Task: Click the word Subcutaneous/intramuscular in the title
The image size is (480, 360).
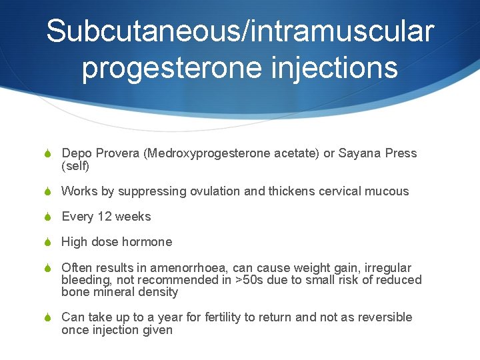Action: [x=240, y=31]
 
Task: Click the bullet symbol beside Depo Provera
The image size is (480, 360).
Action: [x=47, y=154]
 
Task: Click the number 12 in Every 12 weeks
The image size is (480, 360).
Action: [x=104, y=217]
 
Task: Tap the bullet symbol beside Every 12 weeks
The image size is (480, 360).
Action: [x=47, y=217]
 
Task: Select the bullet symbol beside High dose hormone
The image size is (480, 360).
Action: [x=47, y=243]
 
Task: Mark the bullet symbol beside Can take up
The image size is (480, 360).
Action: [x=47, y=318]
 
